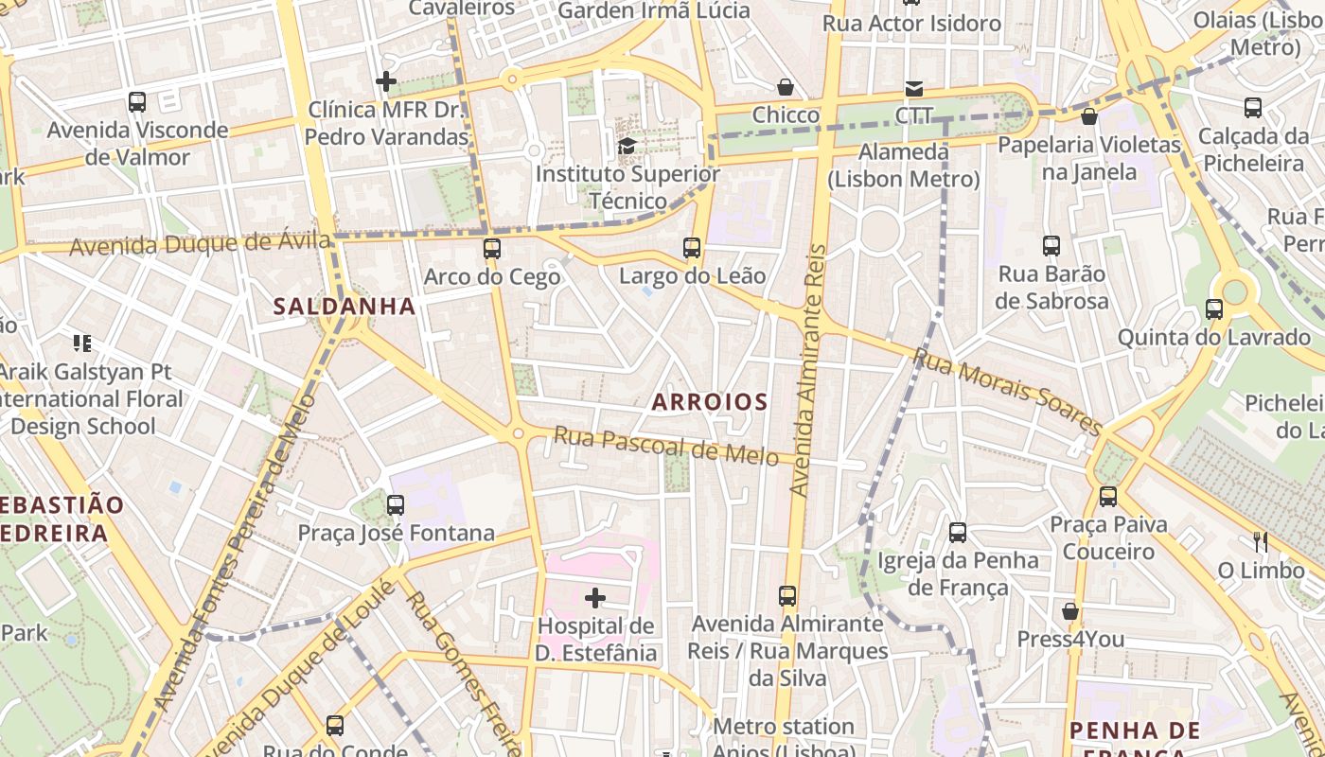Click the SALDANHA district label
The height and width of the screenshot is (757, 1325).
pyautogui.click(x=344, y=306)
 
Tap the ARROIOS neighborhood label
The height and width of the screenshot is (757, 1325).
pyautogui.click(x=710, y=401)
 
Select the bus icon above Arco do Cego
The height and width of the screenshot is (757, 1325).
pyautogui.click(x=491, y=249)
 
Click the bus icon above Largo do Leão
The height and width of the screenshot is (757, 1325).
pyautogui.click(x=692, y=248)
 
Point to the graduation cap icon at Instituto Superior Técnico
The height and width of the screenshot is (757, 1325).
pyautogui.click(x=627, y=146)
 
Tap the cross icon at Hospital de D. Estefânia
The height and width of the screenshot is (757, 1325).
pyautogui.click(x=595, y=598)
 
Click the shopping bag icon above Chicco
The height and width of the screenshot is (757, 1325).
pyautogui.click(x=785, y=87)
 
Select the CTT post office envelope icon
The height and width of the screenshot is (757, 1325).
pyautogui.click(x=913, y=89)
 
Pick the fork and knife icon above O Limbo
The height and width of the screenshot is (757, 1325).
pyautogui.click(x=1260, y=542)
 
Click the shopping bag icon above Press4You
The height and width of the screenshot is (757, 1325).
pyautogui.click(x=1070, y=611)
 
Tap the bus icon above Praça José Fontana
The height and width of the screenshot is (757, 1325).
pyautogui.click(x=396, y=505)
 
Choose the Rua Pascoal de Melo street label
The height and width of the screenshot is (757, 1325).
pyautogui.click(x=665, y=446)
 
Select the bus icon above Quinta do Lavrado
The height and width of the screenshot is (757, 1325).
pyautogui.click(x=1214, y=309)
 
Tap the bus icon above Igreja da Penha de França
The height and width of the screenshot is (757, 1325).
pyautogui.click(x=958, y=533)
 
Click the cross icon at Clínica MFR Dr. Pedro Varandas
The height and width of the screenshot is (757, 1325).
pyautogui.click(x=385, y=81)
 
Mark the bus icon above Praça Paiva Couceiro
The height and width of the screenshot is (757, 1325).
pyautogui.click(x=1107, y=496)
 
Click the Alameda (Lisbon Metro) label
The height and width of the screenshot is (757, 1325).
pyautogui.click(x=904, y=165)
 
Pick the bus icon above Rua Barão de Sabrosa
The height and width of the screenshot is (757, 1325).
pyautogui.click(x=1051, y=246)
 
